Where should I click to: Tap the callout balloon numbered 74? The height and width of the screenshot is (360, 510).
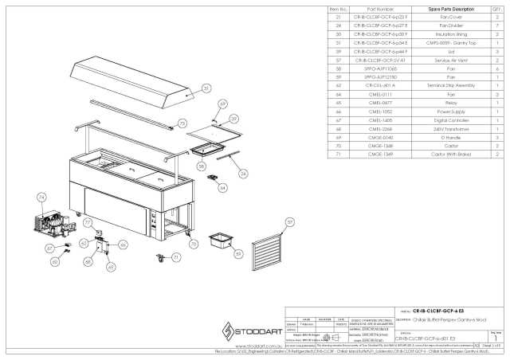[x=41, y=196]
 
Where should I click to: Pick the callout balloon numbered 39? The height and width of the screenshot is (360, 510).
[x=234, y=119]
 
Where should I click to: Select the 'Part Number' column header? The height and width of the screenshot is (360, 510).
[x=379, y=9]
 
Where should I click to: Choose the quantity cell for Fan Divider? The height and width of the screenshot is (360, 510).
[x=496, y=24]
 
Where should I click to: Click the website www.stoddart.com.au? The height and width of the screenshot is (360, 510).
[x=249, y=346]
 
